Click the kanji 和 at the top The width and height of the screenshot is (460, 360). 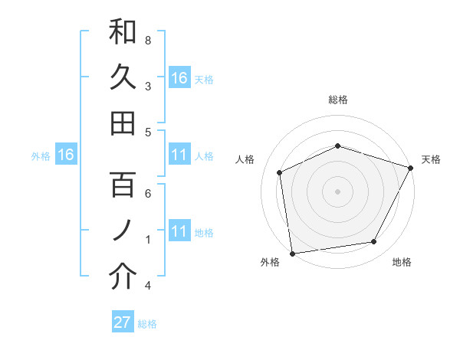(x=123, y=32)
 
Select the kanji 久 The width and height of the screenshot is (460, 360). (x=123, y=77)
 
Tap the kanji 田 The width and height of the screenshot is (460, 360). (x=123, y=123)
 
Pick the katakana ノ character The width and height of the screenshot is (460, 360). (x=123, y=231)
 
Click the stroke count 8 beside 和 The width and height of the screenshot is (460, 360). (x=148, y=39)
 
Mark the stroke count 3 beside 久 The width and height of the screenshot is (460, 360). (x=148, y=86)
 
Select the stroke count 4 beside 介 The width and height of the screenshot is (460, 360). (x=148, y=286)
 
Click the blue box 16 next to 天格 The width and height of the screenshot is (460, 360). (x=179, y=77)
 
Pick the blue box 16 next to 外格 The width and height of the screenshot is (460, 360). (x=66, y=155)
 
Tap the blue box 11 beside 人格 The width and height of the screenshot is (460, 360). (x=179, y=155)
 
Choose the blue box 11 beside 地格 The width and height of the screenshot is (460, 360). (x=179, y=231)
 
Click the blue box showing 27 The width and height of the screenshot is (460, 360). (x=123, y=322)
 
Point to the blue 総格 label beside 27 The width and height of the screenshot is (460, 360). (x=147, y=324)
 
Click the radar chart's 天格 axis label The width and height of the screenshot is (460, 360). (x=431, y=159)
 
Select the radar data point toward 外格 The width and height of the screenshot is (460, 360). (x=292, y=253)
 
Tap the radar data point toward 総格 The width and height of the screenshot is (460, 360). (x=338, y=146)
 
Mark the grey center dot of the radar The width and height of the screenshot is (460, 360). (x=338, y=191)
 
